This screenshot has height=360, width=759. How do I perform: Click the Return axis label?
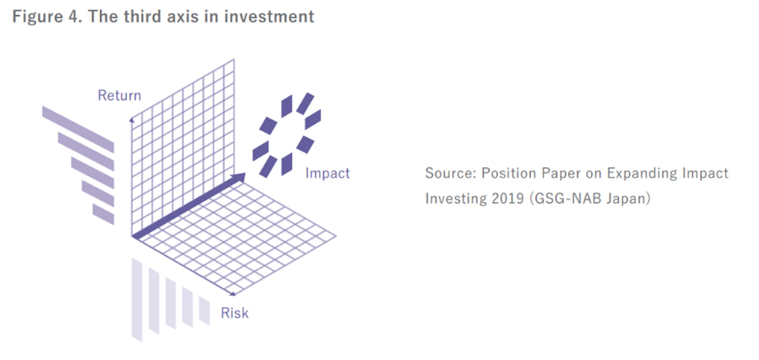coord(119,95)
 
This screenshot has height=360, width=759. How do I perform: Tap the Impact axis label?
coord(327,173)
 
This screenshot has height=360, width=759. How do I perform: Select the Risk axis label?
coord(235,313)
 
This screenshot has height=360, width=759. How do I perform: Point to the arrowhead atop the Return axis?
coord(132,120)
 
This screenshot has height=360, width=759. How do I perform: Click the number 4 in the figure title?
coord(73,16)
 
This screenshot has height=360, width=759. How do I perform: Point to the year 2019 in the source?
coord(508,199)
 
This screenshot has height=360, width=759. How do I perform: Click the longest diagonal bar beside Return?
coord(78,130)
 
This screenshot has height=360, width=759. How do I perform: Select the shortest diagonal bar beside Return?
coord(103,214)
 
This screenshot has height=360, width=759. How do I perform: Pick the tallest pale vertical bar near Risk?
coord(137,300)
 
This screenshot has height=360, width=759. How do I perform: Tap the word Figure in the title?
coord(37,17)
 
